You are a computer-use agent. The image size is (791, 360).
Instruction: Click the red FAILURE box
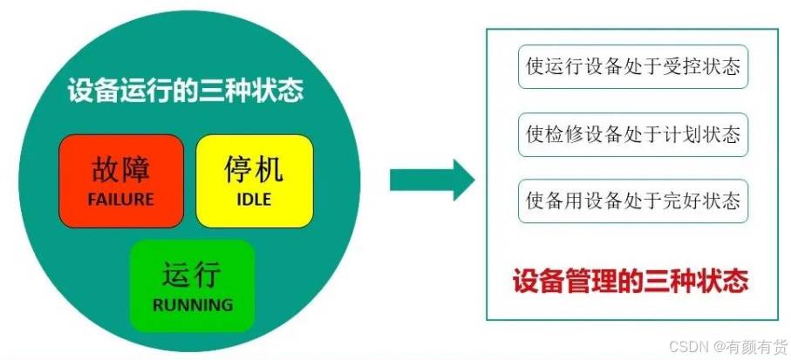click(x=121, y=180)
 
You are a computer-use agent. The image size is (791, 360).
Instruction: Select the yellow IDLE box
click(x=255, y=180)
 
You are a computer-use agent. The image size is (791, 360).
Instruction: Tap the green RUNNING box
click(x=192, y=285)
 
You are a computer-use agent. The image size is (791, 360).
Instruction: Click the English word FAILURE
click(x=120, y=200)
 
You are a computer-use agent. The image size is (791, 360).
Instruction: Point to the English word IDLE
click(x=254, y=200)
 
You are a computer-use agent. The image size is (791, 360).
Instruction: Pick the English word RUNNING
click(x=193, y=305)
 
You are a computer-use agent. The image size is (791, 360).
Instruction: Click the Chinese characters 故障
click(x=120, y=168)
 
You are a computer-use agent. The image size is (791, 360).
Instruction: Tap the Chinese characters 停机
click(x=253, y=168)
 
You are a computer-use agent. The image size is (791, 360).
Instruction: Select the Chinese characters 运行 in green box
click(x=192, y=275)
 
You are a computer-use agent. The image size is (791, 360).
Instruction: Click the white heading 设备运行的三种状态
click(x=186, y=91)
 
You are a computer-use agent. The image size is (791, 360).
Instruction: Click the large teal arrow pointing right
click(x=432, y=180)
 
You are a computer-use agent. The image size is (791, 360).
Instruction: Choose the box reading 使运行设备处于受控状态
click(x=633, y=66)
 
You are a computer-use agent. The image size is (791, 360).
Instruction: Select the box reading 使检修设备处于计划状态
click(x=633, y=134)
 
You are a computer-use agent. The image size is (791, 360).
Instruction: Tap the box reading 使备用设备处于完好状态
click(x=633, y=201)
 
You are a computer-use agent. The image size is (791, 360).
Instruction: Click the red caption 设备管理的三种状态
click(x=631, y=281)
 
